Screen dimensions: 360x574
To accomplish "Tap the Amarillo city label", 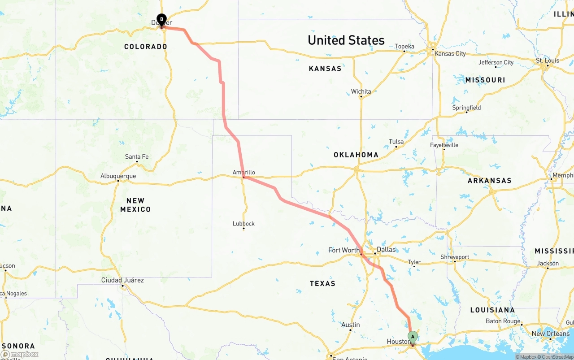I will coord(244,172).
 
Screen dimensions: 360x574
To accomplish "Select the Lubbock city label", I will coord(244,224).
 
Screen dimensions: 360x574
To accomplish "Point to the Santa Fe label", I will coord(137,156).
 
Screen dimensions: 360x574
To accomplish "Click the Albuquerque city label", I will coord(118,176).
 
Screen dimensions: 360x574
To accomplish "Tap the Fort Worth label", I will coord(344,250).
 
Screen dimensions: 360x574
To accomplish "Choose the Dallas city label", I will coord(386,249).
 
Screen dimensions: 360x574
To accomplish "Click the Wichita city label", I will coord(361,91).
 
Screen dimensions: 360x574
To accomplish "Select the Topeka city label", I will coord(404,46).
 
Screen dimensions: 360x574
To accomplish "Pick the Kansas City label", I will coord(450,54).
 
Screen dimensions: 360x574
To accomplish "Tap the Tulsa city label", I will coord(396,142).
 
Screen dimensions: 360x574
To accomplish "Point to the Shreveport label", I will coord(455,257).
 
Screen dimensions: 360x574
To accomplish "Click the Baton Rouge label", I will coord(503,321).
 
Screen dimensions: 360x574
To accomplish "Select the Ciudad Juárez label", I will coord(122,280).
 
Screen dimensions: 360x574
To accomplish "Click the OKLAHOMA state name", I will coord(356,155).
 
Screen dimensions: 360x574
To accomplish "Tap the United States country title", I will coord(346,40).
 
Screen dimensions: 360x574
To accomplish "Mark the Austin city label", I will coord(350,325).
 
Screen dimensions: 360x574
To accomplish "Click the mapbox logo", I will coord(20,355).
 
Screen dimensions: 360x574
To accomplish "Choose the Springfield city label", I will coord(466,108).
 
